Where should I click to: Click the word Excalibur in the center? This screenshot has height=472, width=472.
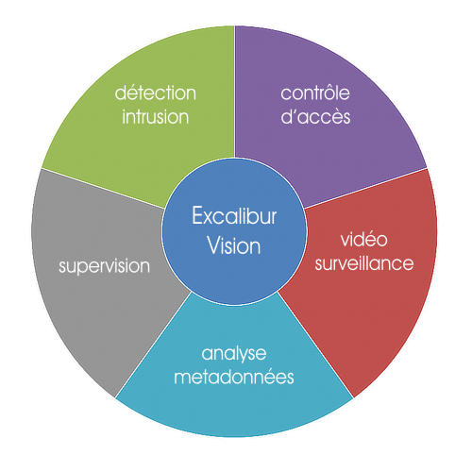click(x=234, y=216)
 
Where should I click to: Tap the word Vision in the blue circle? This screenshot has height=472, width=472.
click(x=234, y=245)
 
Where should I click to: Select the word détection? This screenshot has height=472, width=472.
click(x=156, y=93)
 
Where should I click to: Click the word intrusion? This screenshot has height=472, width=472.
click(x=156, y=116)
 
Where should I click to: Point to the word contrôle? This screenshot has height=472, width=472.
click(x=315, y=93)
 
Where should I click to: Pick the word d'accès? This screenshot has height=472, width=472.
click(x=315, y=116)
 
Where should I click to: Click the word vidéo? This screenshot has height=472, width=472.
click(x=364, y=239)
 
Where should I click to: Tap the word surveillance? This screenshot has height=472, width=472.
click(x=364, y=263)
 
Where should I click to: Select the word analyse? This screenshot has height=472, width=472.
click(x=234, y=355)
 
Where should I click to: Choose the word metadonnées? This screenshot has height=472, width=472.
click(x=234, y=377)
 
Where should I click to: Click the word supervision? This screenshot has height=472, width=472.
click(x=104, y=267)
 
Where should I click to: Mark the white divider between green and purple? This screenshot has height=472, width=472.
click(x=235, y=92)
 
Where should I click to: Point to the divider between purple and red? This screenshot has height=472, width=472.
click(x=365, y=188)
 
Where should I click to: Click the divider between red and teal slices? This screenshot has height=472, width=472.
click(x=315, y=345)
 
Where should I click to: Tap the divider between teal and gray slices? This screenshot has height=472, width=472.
click(x=154, y=345)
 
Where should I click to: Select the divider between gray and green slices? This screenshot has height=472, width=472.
click(x=103, y=188)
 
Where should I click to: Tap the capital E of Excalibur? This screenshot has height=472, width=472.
click(x=197, y=216)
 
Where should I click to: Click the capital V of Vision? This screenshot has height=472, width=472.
click(x=215, y=245)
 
